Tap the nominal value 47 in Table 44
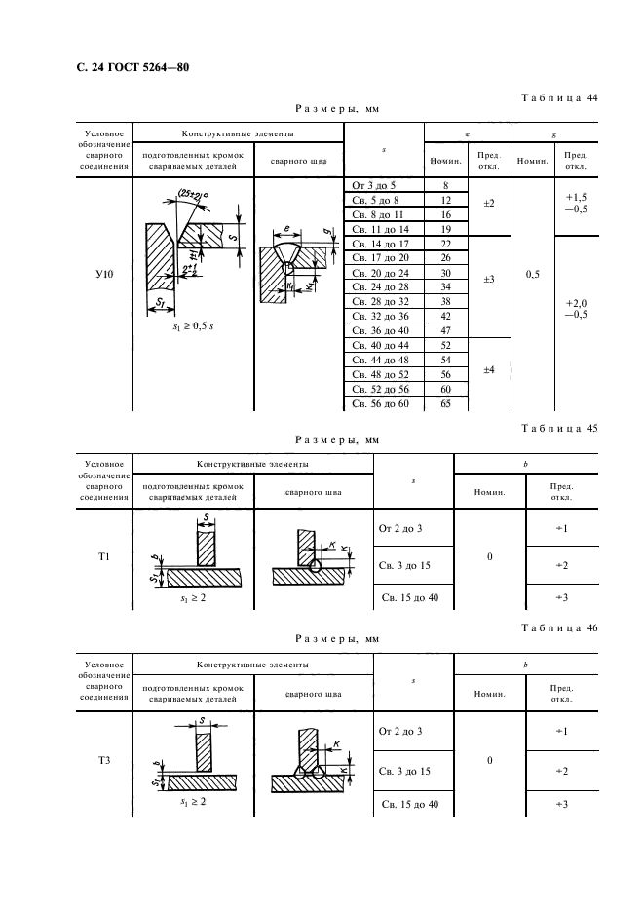pos(445,330)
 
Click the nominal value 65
pos(445,403)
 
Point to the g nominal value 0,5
pos(532,275)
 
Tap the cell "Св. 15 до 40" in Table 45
pos(408,597)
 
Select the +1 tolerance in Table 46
pos(560,730)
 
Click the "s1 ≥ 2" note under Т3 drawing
pos(191,801)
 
